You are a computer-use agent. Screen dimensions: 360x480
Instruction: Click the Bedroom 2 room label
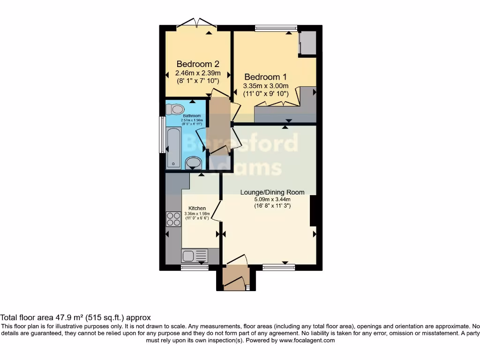click(x=198, y=64)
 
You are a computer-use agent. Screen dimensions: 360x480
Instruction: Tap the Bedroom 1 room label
click(x=265, y=77)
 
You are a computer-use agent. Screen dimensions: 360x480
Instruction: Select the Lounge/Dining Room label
click(x=272, y=192)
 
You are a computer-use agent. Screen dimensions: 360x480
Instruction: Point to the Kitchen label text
click(x=197, y=208)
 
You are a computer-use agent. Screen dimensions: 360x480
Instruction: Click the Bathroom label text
click(x=192, y=116)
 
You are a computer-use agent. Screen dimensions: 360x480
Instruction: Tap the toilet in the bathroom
click(x=176, y=109)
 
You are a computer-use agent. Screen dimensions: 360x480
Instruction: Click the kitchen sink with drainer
click(x=195, y=256)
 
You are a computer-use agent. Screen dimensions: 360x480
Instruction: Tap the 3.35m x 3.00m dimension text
click(x=265, y=86)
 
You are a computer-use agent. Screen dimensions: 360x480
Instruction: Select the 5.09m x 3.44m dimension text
click(x=272, y=199)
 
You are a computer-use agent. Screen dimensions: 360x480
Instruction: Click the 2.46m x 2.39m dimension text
click(x=198, y=73)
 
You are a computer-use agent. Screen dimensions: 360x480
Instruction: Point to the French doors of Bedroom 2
click(x=197, y=22)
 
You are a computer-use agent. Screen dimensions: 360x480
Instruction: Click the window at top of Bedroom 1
click(x=276, y=28)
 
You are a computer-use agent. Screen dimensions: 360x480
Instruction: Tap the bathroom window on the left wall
click(x=162, y=135)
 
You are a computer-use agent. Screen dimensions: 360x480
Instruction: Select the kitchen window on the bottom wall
click(x=195, y=267)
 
